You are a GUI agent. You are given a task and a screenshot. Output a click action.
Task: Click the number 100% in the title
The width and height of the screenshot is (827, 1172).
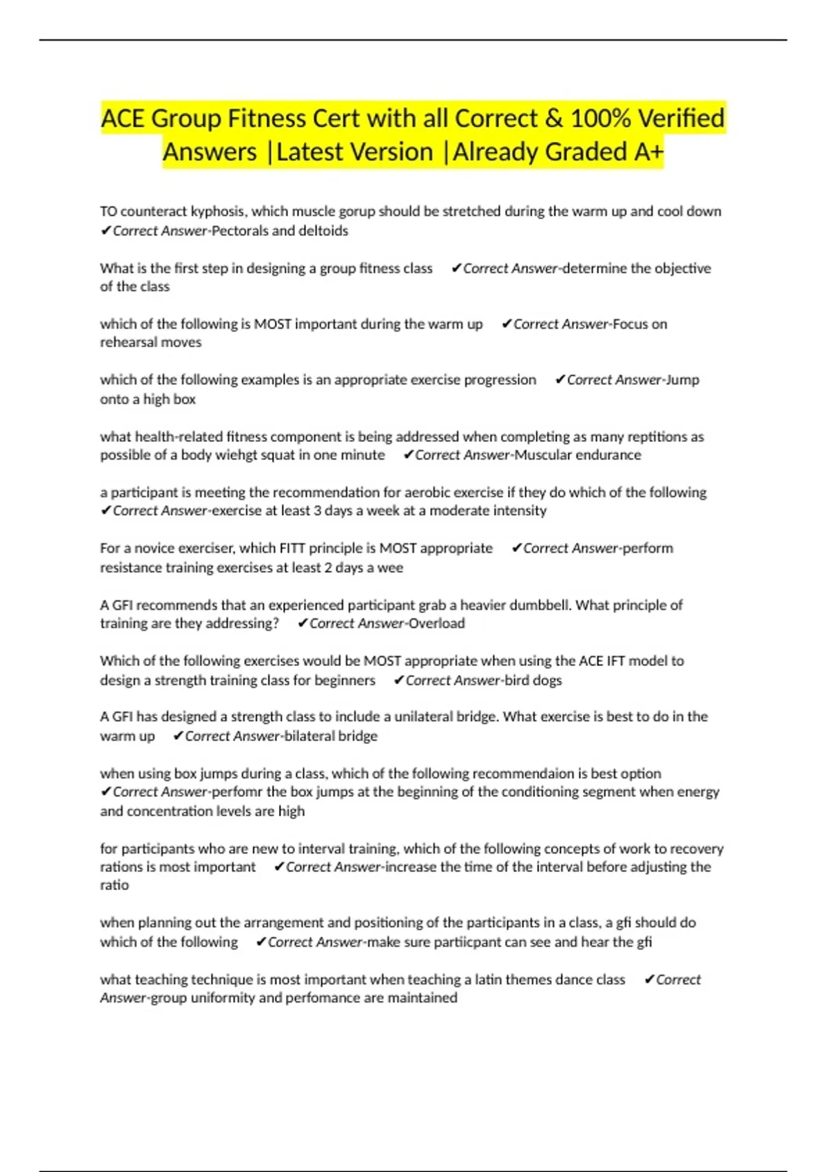600,119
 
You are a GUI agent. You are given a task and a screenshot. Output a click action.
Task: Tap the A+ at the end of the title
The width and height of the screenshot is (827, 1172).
648,152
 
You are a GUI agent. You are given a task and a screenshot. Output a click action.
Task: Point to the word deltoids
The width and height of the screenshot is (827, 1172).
323,231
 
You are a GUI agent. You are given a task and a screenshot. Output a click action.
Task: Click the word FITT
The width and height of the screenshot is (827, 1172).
292,549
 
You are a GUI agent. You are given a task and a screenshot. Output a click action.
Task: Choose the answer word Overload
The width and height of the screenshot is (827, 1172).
437,624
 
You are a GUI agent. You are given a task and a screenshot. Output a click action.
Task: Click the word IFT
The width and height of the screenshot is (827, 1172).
615,661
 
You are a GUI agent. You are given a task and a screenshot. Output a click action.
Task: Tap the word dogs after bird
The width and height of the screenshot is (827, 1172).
547,680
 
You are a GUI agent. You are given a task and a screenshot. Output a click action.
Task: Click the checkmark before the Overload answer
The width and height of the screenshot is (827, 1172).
303,624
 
